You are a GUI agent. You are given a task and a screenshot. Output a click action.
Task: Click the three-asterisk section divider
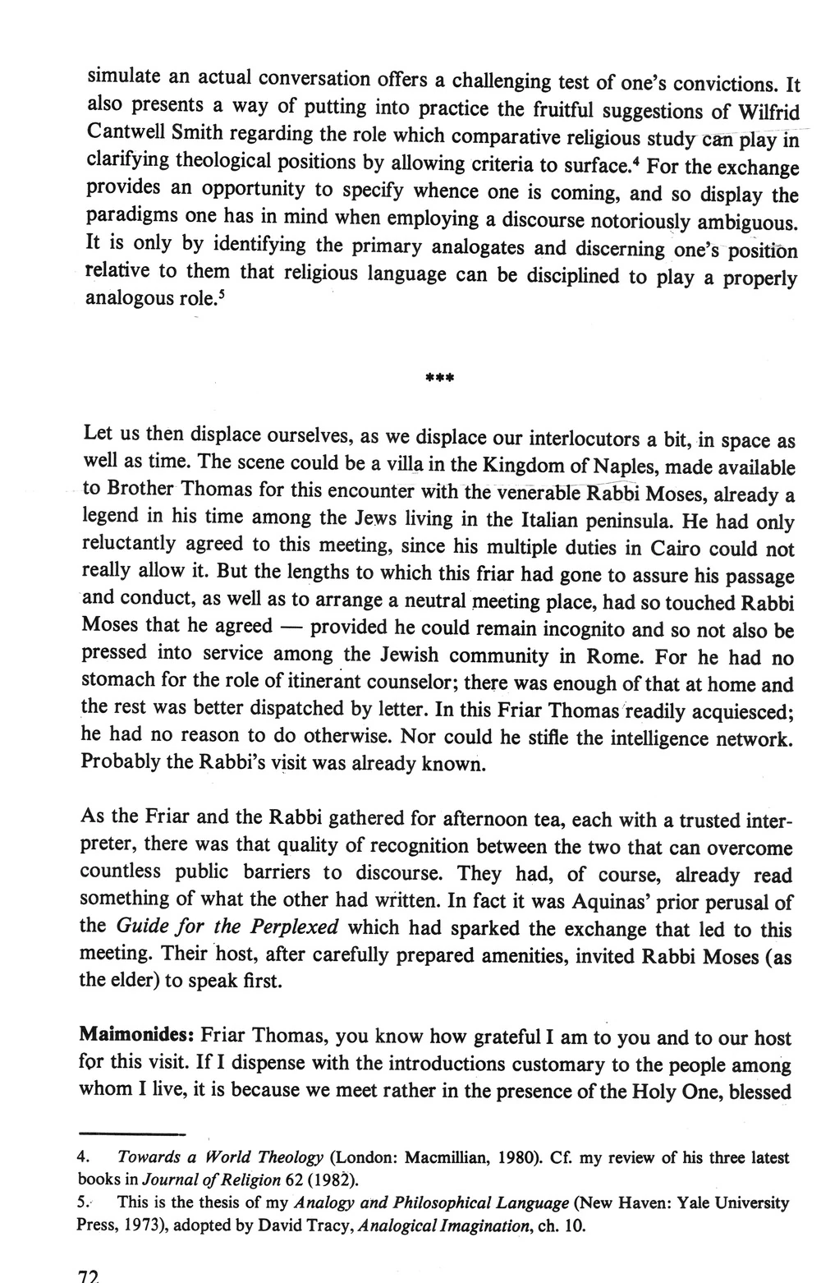[440, 379]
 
